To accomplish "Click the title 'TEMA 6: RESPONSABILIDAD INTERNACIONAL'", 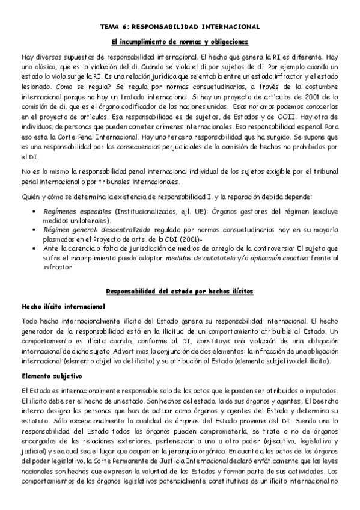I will [x=180, y=27].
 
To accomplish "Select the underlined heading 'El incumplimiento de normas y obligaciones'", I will [x=180, y=41].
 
